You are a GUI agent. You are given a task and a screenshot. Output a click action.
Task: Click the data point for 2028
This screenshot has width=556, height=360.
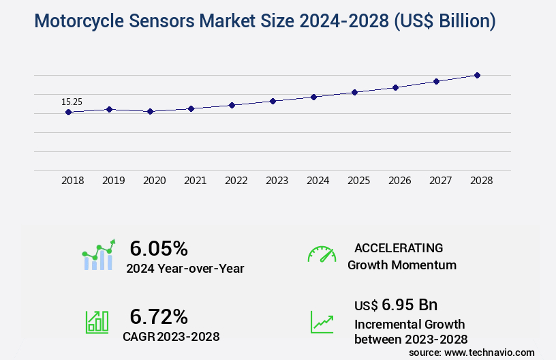pos(477,75)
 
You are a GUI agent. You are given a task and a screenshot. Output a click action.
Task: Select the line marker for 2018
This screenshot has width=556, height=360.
pos(68,112)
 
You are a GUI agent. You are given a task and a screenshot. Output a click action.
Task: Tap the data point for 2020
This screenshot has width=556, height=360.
pos(150,111)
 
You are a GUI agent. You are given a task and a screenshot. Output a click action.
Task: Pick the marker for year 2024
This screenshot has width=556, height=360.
pos(313,97)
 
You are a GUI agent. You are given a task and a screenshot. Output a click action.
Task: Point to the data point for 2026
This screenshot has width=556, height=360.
pos(395,87)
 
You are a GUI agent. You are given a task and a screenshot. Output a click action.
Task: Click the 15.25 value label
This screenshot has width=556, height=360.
pos(72,102)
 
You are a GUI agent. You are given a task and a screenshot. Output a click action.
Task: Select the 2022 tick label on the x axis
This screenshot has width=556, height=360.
pos(236,181)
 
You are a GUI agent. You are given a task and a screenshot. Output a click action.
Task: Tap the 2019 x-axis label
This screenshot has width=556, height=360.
pos(113,181)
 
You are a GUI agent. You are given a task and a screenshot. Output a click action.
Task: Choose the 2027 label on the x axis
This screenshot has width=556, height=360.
pos(440,181)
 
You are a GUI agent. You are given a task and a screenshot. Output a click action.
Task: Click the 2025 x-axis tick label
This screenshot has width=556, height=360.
pos(358,181)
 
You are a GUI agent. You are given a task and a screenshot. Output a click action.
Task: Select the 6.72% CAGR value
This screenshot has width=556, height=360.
pos(159,316)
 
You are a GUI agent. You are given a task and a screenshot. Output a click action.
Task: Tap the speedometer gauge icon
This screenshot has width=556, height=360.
pos(322,254)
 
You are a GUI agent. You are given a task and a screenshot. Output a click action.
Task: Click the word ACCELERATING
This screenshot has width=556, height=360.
pos(399,247)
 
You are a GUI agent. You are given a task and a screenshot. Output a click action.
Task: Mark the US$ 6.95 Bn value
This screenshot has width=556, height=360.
pos(396,304)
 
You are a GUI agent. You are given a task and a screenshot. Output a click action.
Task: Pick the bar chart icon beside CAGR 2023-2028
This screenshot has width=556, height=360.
pos(97,322)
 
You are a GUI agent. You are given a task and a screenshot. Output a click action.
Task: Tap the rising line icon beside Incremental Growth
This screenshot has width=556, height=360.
pos(322,322)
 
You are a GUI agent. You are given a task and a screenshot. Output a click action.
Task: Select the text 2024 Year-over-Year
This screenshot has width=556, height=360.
pos(185,269)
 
